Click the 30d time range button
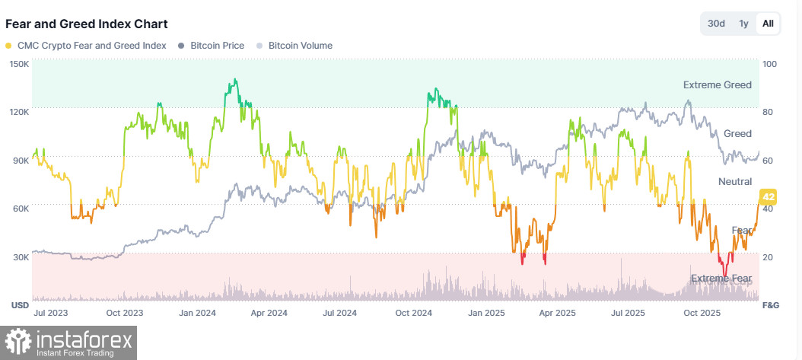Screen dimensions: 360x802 pyautogui.click(x=716, y=24)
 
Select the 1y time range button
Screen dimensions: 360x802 pyautogui.click(x=744, y=24)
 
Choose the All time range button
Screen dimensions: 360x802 pyautogui.click(x=768, y=24)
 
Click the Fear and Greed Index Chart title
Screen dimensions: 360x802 pyautogui.click(x=87, y=24)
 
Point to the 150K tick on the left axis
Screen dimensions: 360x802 pyautogui.click(x=19, y=64)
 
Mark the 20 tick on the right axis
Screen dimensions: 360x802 pyautogui.click(x=768, y=257)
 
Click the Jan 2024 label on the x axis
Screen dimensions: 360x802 pyautogui.click(x=196, y=313)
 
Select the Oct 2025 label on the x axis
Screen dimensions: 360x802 pyautogui.click(x=702, y=313)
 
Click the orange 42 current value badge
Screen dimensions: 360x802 pyautogui.click(x=768, y=196)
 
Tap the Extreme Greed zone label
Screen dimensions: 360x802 pyautogui.click(x=717, y=85)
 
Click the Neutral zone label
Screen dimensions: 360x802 pyautogui.click(x=735, y=182)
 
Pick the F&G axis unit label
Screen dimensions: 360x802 pyautogui.click(x=770, y=305)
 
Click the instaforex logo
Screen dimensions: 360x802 pyautogui.click(x=69, y=342)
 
